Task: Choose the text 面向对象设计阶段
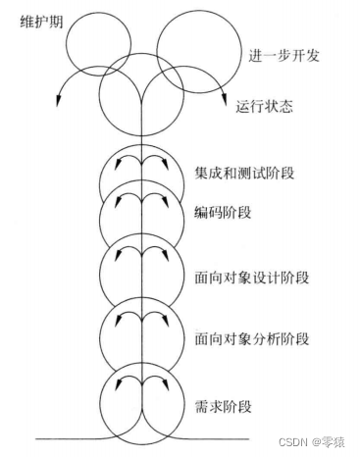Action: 251,278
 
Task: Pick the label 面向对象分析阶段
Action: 251,340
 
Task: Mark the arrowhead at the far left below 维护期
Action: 60,97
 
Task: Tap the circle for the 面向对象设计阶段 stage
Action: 143,270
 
